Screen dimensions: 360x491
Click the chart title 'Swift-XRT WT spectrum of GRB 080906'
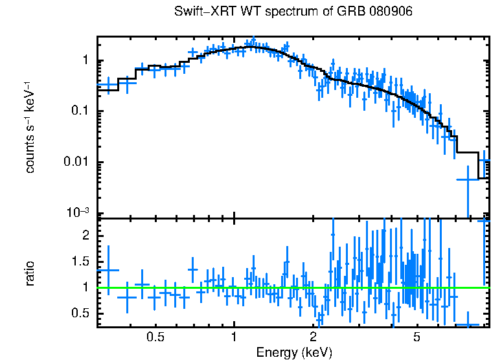[293, 12]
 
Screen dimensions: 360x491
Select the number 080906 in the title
[390, 12]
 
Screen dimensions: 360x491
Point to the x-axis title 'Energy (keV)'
[293, 352]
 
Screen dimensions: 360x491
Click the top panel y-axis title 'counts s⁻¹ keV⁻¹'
[30, 126]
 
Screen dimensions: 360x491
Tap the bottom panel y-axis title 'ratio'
[30, 273]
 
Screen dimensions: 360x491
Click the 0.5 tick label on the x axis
[154, 337]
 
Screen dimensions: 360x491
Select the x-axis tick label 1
[234, 337]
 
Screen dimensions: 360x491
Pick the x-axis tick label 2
[313, 337]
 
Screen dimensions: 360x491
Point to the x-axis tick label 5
[417, 337]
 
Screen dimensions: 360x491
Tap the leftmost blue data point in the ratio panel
[108, 270]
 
